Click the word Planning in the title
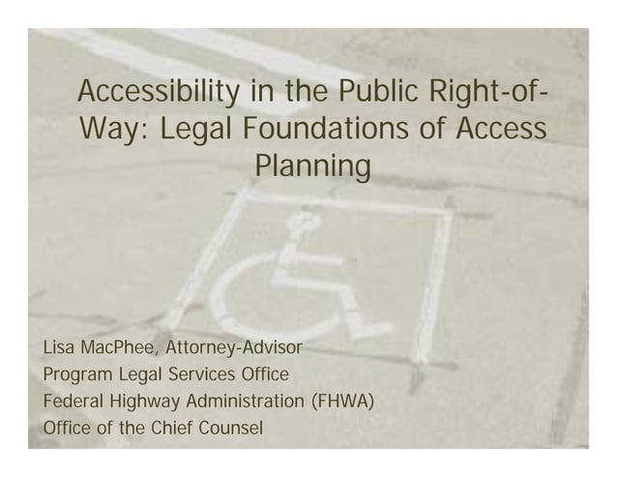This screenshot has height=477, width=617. pyautogui.click(x=311, y=166)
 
